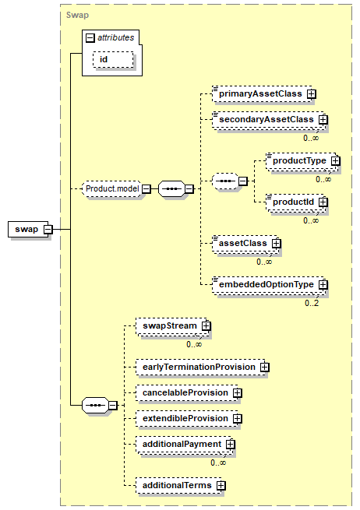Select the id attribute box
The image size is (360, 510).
pyautogui.click(x=113, y=59)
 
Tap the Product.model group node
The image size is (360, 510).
pyautogui.click(x=113, y=188)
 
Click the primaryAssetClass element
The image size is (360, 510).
pyautogui.click(x=263, y=94)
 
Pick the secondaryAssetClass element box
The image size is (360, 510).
pyautogui.click(x=269, y=120)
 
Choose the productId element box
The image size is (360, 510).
pyautogui.click(x=295, y=202)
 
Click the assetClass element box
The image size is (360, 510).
pyautogui.click(x=245, y=243)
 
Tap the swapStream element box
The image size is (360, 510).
pyautogui.click(x=172, y=326)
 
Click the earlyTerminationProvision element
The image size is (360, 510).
pyautogui.click(x=201, y=368)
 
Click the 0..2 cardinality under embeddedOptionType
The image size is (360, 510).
pyautogui.click(x=312, y=303)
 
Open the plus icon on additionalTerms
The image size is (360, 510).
pyautogui.click(x=221, y=486)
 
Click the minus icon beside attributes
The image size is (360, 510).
pyautogui.click(x=90, y=38)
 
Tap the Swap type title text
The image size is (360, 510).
pyautogui.click(x=77, y=15)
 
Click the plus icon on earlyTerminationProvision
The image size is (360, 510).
pyautogui.click(x=265, y=368)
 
